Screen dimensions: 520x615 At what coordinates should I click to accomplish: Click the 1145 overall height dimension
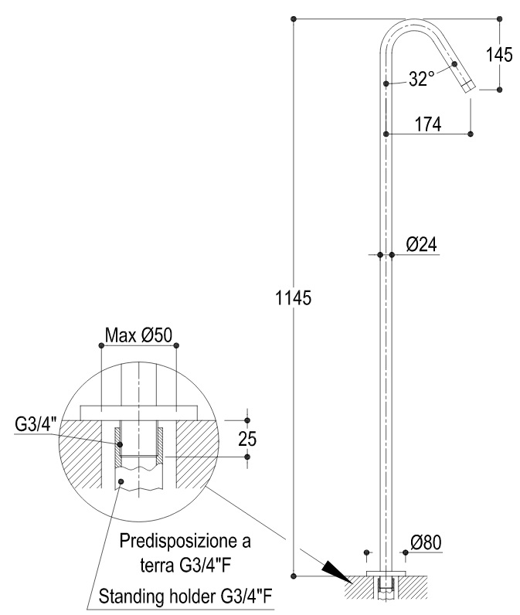click(x=294, y=298)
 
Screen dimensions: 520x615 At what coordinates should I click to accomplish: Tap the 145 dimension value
click(x=499, y=55)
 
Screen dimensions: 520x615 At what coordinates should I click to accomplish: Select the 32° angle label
click(x=421, y=79)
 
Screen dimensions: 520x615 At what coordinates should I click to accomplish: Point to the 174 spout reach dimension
click(x=428, y=124)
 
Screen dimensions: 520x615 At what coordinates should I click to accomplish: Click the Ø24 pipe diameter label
click(x=421, y=244)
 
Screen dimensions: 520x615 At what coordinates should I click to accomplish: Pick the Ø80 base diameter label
click(x=426, y=543)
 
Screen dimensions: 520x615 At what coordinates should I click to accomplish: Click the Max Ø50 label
click(x=138, y=335)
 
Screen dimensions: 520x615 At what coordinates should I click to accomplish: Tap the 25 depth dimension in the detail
click(x=247, y=439)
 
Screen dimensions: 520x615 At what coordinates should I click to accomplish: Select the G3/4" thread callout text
click(x=36, y=424)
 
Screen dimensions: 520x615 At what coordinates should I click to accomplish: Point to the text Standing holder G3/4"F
click(x=185, y=597)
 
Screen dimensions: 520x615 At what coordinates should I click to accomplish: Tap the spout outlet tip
click(x=469, y=87)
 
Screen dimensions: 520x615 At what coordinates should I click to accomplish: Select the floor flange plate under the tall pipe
click(x=386, y=573)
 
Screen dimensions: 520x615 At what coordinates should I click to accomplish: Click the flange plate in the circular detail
click(x=138, y=413)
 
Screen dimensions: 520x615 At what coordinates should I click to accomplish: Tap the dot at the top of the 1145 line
click(x=294, y=19)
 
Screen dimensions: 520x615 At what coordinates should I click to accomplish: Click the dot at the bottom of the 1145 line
click(x=294, y=576)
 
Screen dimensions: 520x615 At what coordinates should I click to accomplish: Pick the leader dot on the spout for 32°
click(x=454, y=64)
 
